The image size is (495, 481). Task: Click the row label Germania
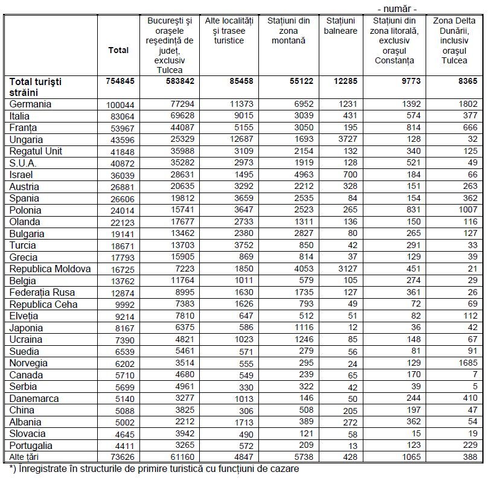(x=30, y=104)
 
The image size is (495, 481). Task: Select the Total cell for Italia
(x=121, y=116)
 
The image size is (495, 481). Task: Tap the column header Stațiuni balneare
(x=340, y=26)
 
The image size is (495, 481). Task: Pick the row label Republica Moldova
(x=50, y=269)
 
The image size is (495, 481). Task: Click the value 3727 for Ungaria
(x=346, y=139)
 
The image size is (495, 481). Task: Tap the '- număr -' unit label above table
(x=397, y=8)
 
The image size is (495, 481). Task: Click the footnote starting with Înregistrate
(x=154, y=468)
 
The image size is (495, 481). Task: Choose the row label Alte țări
(x=27, y=457)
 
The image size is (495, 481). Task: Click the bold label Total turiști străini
(x=36, y=87)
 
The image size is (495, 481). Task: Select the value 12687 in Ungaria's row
(x=239, y=139)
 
